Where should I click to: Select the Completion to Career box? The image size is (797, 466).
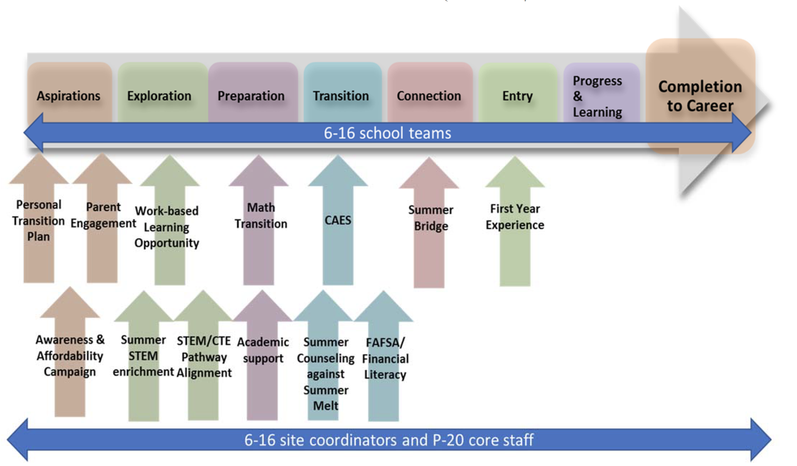(700, 96)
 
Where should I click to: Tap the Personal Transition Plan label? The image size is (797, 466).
(38, 221)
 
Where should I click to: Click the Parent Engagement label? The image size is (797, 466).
(103, 215)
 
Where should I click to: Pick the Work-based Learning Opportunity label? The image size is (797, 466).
(167, 227)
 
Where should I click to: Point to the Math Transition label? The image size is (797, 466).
(261, 215)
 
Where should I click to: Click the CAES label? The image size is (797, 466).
(338, 220)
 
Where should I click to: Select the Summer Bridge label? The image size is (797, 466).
(431, 218)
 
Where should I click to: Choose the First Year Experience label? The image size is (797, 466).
(515, 217)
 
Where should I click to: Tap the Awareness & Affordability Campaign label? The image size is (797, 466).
(70, 356)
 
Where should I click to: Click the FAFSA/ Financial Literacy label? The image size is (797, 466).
(385, 358)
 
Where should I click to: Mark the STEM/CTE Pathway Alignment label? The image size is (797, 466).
(204, 357)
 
